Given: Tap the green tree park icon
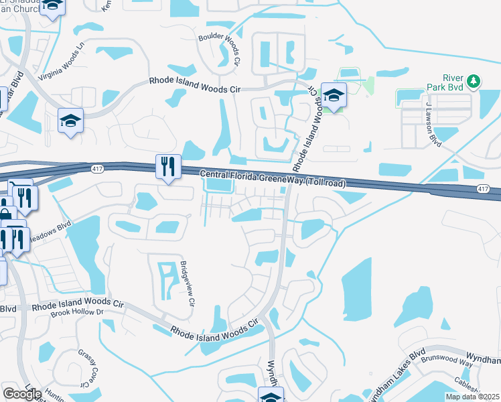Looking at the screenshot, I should (474, 81).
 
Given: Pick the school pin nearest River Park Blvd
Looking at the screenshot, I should (333, 96).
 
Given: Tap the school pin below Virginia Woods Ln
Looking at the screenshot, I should (70, 121).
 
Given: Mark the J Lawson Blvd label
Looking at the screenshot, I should (433, 125).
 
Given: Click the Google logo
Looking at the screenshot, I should (23, 394).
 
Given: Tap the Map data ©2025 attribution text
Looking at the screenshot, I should (472, 397).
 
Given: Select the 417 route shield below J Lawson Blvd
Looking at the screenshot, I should (483, 190).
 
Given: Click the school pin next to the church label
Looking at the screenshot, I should (52, 7).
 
